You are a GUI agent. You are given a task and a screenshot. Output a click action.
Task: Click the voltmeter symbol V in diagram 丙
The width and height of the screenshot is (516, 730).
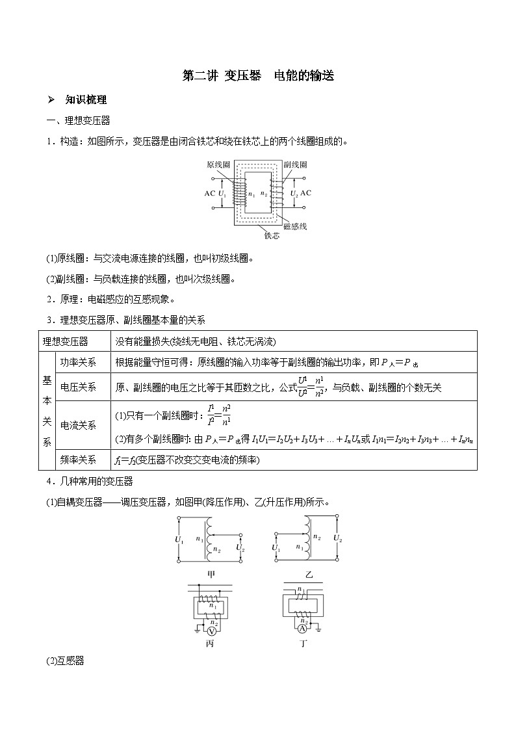(x=211, y=631)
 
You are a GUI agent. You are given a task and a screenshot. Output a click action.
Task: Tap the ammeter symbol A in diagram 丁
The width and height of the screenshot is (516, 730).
(x=302, y=630)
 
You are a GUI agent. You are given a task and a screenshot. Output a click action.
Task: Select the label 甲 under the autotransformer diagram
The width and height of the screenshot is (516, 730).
(x=211, y=574)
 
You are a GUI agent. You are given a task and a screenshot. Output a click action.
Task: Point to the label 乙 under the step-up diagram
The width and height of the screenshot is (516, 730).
(x=309, y=574)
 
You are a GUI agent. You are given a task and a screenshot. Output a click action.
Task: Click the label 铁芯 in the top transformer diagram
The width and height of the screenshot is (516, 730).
(x=272, y=237)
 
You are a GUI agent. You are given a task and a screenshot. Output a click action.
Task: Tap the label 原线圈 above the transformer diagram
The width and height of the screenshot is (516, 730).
(x=218, y=165)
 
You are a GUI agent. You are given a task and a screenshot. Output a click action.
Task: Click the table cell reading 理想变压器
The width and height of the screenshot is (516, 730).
(x=65, y=341)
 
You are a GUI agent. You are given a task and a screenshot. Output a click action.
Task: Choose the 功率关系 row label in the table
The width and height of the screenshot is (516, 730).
(x=77, y=362)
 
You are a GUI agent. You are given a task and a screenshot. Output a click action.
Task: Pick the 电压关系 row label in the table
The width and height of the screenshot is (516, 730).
(x=77, y=387)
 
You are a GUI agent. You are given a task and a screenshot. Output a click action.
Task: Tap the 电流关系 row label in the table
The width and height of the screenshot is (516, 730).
(x=77, y=425)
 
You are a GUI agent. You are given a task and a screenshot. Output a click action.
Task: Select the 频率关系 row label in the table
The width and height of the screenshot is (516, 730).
(x=77, y=460)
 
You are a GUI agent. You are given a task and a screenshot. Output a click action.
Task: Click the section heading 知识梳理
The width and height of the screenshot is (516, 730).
(x=86, y=99)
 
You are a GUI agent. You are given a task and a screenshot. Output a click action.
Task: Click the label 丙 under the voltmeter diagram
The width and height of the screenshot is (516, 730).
(x=209, y=644)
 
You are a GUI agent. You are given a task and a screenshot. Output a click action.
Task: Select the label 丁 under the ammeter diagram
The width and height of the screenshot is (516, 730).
(x=303, y=644)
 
